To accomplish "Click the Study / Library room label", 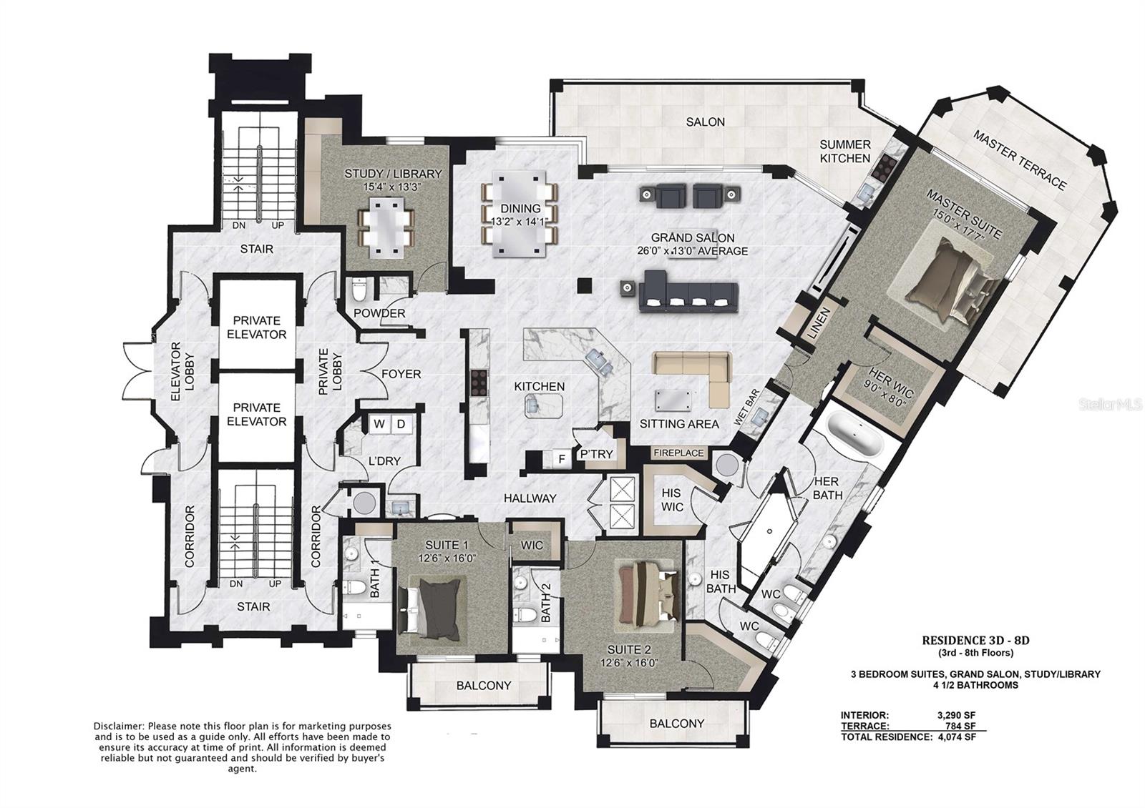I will pyautogui.click(x=393, y=174).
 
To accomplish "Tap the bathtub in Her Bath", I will pyautogui.click(x=855, y=436).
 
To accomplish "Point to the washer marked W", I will pyautogui.click(x=379, y=424).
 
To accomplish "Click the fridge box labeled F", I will pyautogui.click(x=562, y=458).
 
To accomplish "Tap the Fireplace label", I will pyautogui.click(x=678, y=453).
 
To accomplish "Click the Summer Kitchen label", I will pyautogui.click(x=844, y=151).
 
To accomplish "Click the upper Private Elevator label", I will pyautogui.click(x=256, y=327).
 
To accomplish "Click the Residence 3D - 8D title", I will pyautogui.click(x=975, y=640).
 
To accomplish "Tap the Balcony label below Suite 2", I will pyautogui.click(x=677, y=723).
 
